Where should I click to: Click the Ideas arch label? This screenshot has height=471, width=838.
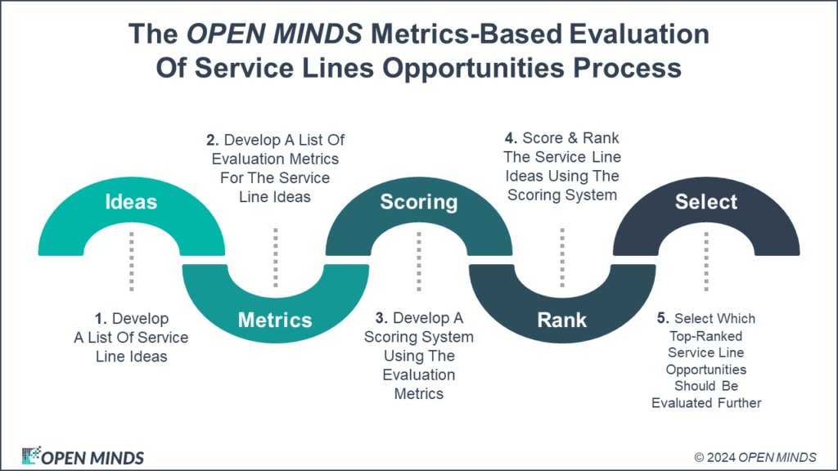pos(131,202)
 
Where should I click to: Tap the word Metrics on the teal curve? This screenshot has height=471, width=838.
pos(275,320)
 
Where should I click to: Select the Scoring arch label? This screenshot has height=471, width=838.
pos(419,202)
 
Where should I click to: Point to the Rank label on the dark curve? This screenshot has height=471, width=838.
pos(561,320)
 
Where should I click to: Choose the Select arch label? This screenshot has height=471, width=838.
pos(706,202)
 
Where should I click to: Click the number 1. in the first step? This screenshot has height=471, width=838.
pos(98,319)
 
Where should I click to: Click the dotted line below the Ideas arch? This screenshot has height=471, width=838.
pos(131,260)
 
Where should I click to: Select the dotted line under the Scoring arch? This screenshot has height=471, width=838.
pos(419,260)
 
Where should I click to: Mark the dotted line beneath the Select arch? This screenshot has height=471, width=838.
pos(706,260)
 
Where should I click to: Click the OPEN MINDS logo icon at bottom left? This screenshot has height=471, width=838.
pos(31,455)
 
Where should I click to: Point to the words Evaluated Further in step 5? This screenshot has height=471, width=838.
pos(706,402)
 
